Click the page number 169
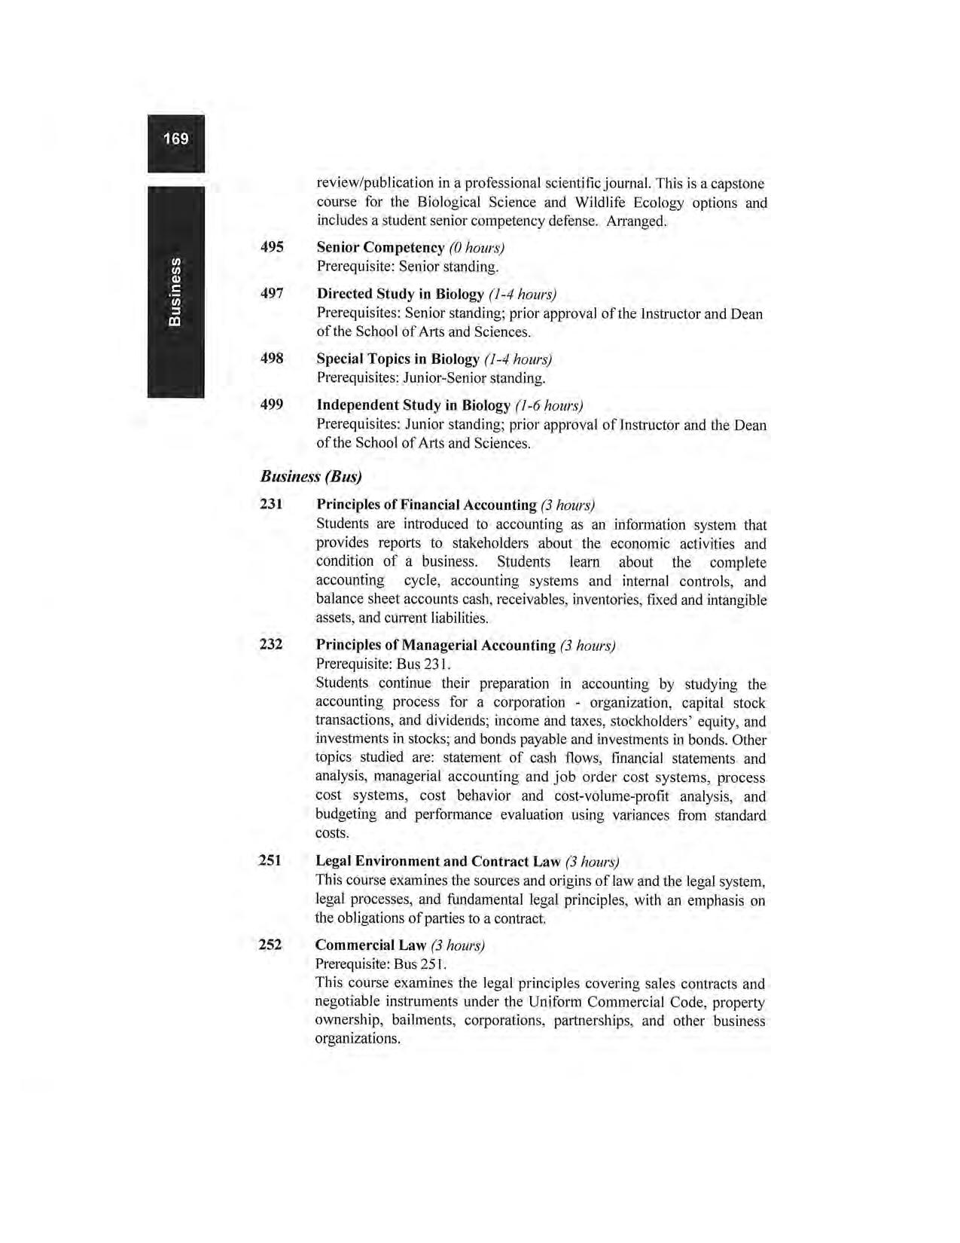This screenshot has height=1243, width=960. (x=175, y=139)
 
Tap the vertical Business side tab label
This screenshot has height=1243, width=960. (x=175, y=292)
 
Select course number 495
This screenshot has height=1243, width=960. (x=272, y=247)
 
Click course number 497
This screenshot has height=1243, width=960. (x=272, y=293)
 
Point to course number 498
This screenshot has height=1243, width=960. (x=272, y=359)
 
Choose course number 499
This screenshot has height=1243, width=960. (x=272, y=405)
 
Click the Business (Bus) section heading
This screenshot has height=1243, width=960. (x=311, y=476)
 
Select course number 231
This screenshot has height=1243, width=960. (x=271, y=504)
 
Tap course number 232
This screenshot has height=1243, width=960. (x=271, y=645)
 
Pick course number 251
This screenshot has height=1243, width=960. (x=270, y=860)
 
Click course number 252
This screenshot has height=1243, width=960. (x=270, y=945)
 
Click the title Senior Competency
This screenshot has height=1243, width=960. (x=380, y=248)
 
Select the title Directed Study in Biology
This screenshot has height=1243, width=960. (x=400, y=294)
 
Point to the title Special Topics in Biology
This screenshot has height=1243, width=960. (x=398, y=359)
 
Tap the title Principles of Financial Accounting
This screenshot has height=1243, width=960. (x=425, y=505)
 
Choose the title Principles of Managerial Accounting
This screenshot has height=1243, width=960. (x=435, y=646)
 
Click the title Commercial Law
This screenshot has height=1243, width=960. (x=370, y=945)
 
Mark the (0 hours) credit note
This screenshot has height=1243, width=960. (x=476, y=248)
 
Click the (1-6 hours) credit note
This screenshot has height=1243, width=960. (x=549, y=406)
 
